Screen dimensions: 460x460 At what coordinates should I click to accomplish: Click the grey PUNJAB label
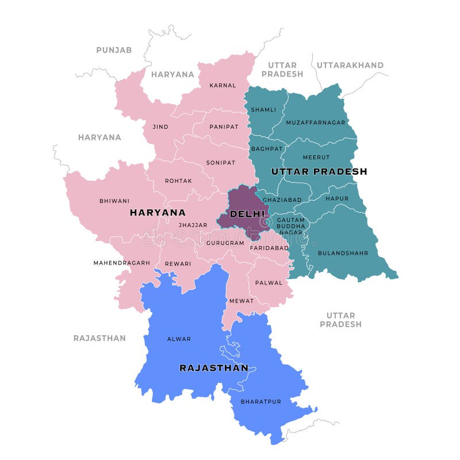point(114,50)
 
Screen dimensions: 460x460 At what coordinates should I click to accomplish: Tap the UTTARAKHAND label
point(350,65)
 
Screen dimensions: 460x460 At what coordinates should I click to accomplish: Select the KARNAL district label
point(223,85)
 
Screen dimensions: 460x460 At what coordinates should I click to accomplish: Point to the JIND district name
point(160,126)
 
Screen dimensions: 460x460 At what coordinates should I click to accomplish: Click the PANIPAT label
point(224,126)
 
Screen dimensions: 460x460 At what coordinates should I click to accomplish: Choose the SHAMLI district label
point(263,109)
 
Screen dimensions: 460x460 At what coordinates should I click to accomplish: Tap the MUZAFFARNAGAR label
point(316,122)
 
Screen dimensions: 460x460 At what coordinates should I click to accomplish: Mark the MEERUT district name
point(316,157)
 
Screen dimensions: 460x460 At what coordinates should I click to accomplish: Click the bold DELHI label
point(247,214)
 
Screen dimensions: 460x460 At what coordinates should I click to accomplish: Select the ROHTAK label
point(178,181)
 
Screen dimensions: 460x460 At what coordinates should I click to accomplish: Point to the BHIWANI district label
point(114,201)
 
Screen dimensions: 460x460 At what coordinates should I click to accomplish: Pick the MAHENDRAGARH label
point(121,263)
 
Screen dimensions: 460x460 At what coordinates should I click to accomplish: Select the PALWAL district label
point(269,282)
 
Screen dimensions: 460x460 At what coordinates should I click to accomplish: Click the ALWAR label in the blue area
point(178,339)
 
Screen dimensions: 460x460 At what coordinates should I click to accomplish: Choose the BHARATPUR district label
point(260,401)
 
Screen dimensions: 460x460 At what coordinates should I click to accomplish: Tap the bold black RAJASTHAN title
point(214,368)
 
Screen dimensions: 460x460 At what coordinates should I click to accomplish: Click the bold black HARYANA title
point(158,212)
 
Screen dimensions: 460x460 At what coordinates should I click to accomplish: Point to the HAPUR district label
point(337,198)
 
